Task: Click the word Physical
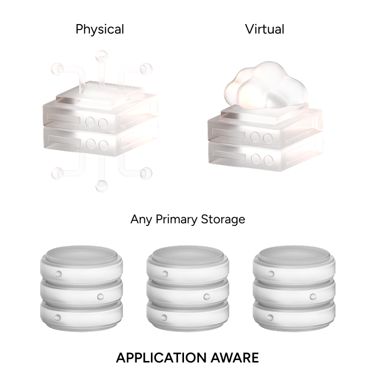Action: point(100,30)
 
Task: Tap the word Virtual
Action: point(265,29)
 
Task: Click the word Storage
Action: point(223,220)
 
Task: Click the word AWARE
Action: point(235,358)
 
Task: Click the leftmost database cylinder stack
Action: point(81,288)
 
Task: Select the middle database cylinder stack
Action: point(188,288)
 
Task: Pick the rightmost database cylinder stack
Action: point(294,288)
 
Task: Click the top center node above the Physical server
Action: point(102,57)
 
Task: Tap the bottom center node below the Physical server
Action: point(102,186)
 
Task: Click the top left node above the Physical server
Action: point(57,69)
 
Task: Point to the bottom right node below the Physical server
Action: point(146,173)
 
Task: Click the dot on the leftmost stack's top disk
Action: point(59,274)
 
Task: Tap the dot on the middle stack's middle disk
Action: point(207,296)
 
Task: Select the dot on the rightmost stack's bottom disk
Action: point(270,317)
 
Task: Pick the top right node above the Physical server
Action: point(146,69)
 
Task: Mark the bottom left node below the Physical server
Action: point(57,173)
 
